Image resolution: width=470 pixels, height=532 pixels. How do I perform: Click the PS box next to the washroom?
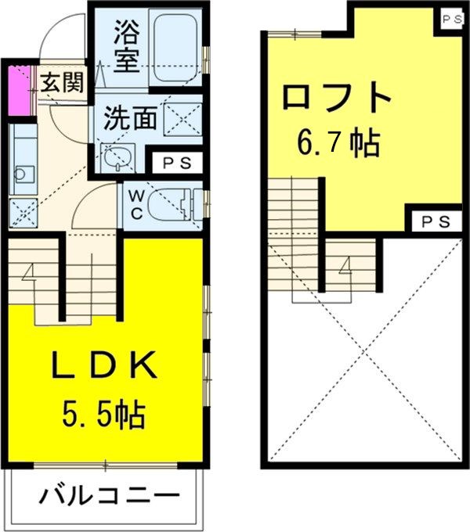tap(181, 163)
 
